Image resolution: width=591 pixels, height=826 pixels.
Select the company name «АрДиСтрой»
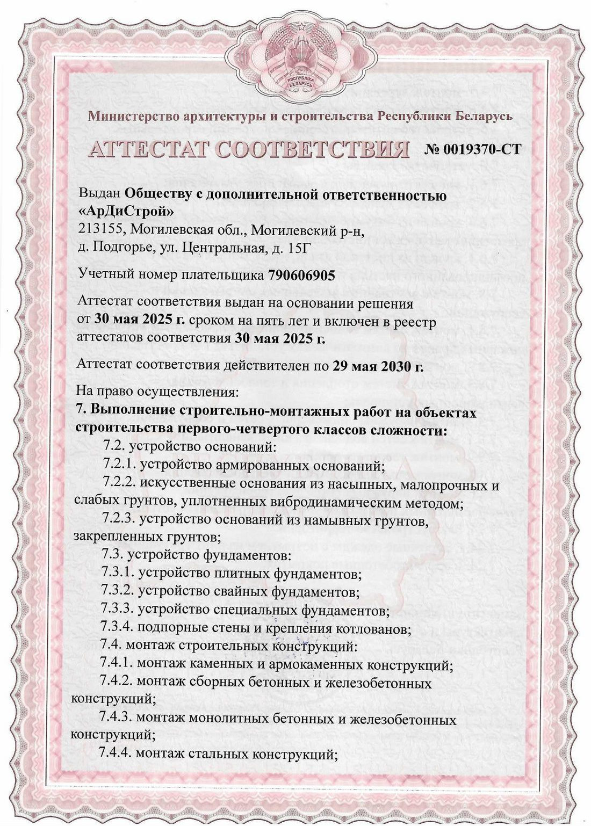coord(126,211)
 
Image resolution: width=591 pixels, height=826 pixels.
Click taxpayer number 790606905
coord(301,275)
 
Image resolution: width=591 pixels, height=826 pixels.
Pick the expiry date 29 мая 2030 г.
coord(378,366)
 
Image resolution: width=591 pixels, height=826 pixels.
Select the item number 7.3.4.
coord(117,627)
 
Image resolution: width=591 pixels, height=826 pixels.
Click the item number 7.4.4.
coord(116,753)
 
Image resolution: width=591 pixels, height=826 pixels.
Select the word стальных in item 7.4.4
coord(218,753)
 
